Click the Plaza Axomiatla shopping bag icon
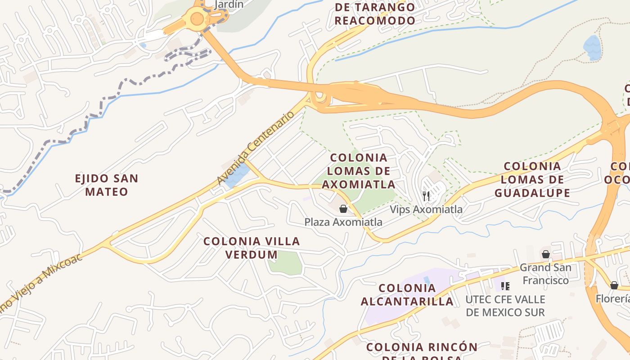pos(343,209)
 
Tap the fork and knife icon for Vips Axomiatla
pos(426,196)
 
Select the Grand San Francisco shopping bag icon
pos(546,254)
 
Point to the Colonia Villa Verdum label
pos(252,247)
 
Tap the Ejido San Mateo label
pos(107,185)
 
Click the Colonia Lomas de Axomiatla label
pos(359,171)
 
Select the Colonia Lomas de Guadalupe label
pos(532,180)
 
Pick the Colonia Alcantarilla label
pos(407,295)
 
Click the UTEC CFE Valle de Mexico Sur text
pos(505,306)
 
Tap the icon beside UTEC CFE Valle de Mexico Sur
pos(505,286)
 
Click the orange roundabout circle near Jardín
pos(197,19)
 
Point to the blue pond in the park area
pos(592,47)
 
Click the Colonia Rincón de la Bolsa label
pos(421,351)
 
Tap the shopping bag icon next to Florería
pos(614,285)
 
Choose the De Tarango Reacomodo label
pos(375,14)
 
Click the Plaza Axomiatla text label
pos(343,222)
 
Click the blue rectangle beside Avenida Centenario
pos(237,175)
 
